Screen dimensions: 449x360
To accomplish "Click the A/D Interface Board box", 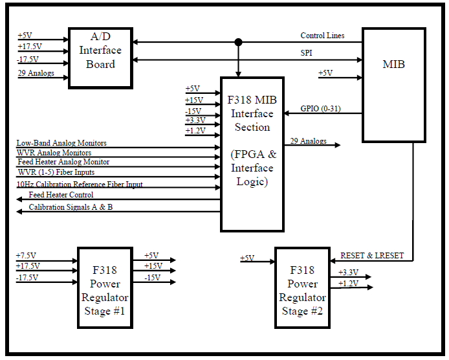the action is [x=100, y=58].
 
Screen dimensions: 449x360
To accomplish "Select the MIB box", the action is [x=394, y=85].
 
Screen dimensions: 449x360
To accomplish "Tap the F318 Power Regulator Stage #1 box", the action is [x=105, y=287].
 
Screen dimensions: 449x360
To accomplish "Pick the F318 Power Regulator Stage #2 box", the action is [x=302, y=287].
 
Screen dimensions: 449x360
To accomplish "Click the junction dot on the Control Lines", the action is [x=238, y=43].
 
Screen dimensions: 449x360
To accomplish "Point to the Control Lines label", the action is [x=322, y=36].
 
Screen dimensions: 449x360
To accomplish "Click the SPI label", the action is [x=307, y=52].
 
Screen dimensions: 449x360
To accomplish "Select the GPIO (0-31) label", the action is [x=321, y=109].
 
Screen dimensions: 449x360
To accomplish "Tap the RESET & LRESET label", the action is [x=372, y=255].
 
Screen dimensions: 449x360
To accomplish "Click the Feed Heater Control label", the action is [x=61, y=195].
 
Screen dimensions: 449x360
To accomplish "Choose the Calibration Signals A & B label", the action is [x=71, y=207].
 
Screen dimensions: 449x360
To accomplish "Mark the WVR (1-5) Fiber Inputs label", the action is [x=56, y=172].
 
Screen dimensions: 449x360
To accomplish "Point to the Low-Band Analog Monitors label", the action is [x=61, y=142].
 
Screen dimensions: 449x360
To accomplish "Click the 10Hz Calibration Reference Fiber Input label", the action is [x=80, y=184].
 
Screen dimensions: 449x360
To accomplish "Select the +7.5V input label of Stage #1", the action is [x=26, y=255].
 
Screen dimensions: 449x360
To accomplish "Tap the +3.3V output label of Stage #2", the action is [x=349, y=272].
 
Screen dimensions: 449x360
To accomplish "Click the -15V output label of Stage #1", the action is [x=153, y=278].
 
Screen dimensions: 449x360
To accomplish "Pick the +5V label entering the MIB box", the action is [x=325, y=73].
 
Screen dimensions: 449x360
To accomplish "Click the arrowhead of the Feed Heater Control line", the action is [x=19, y=199].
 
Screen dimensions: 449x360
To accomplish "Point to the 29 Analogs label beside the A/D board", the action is [x=36, y=73].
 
